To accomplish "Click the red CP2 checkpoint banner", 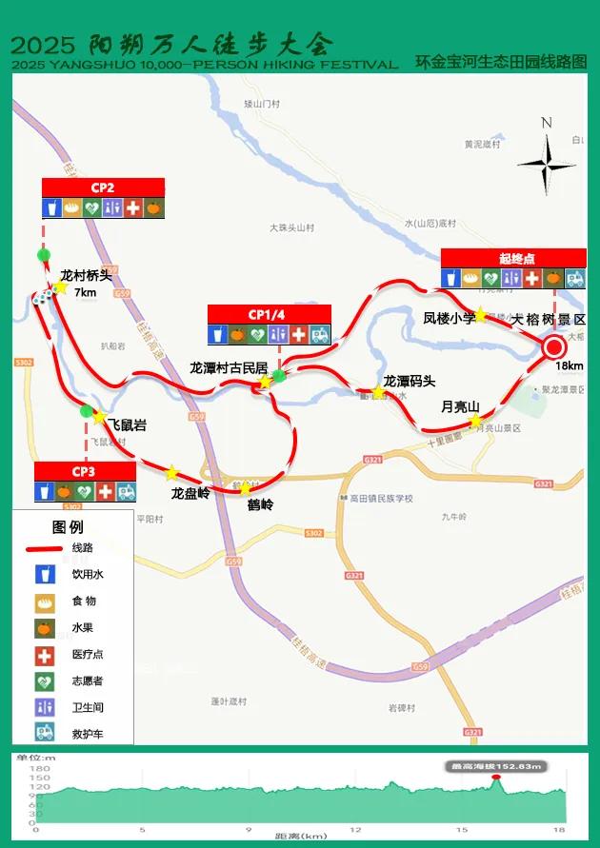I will tap(103, 187).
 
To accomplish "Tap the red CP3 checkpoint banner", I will tap(84, 471).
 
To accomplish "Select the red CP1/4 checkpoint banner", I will tap(270, 314).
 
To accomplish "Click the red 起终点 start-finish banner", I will tap(513, 258).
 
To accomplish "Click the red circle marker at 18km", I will tap(554, 347).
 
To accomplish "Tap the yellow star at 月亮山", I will tap(476, 420).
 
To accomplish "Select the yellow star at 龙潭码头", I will tap(378, 392).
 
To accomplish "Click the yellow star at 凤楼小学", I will tap(482, 316).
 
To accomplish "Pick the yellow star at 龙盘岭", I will tap(172, 473).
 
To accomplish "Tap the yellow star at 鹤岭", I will tap(246, 488).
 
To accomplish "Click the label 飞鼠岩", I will tap(127, 425).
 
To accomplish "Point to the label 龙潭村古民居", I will tap(228, 367).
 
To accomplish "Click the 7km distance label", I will tap(86, 292).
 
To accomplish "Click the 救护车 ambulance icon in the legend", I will tap(43, 733).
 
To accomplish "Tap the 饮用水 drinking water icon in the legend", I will tap(43, 574).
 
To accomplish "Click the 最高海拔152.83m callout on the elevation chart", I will tap(496, 766).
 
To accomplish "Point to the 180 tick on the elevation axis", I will tap(40, 769).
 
